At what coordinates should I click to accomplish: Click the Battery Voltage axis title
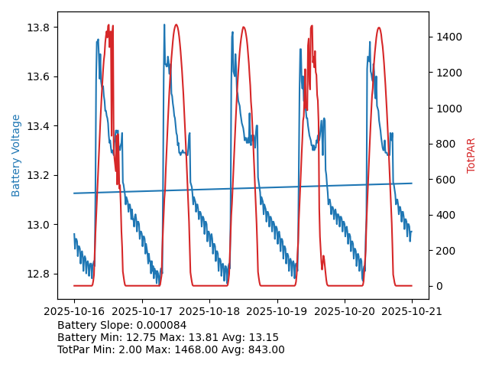coord(16,155)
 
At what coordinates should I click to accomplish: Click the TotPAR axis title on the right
coord(471,155)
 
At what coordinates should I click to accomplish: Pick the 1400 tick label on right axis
coord(447,37)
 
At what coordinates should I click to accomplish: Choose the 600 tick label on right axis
coord(444,180)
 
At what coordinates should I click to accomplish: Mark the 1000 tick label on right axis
coord(447,108)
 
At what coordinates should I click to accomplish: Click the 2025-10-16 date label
coord(74,311)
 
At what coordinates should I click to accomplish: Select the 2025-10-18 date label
coord(209,311)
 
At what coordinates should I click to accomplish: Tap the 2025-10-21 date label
coord(412,311)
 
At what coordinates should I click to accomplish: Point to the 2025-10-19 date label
coord(277,311)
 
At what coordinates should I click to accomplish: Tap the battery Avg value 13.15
coord(264,337)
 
